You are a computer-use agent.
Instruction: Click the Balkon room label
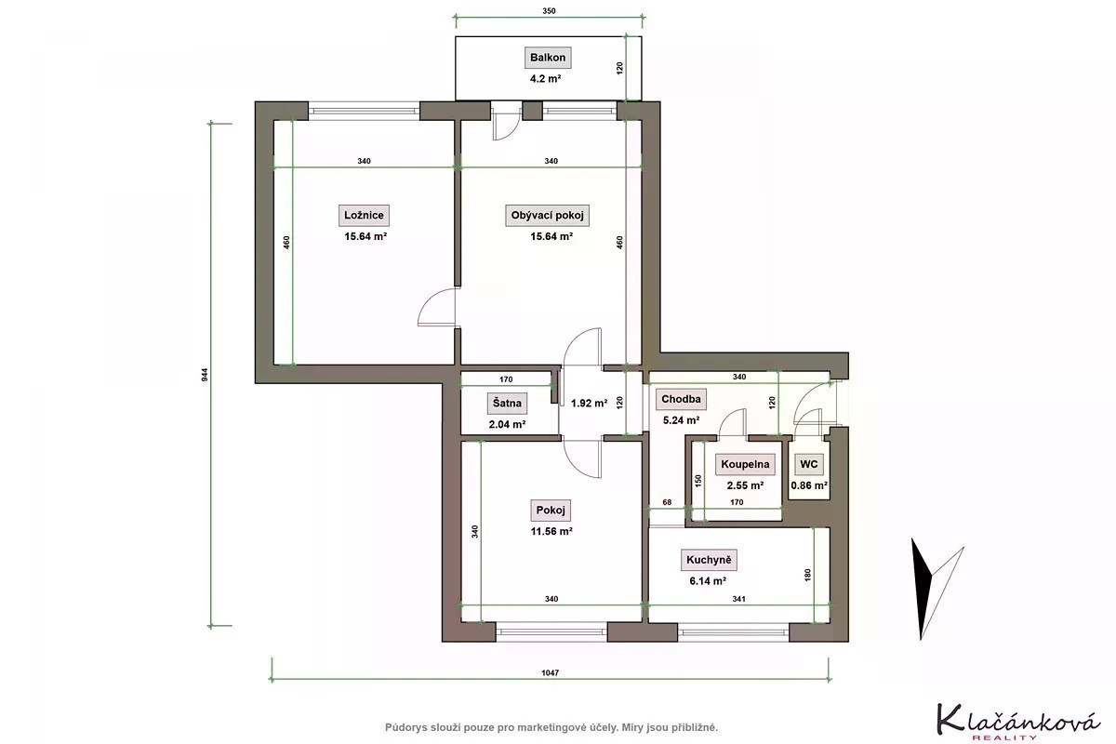tap(548, 58)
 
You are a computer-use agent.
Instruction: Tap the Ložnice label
tap(364, 215)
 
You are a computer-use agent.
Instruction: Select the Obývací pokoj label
tap(547, 215)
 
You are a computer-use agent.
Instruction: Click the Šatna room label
tap(507, 403)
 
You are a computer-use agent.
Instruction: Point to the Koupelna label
tap(745, 464)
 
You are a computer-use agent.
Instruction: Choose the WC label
tap(808, 464)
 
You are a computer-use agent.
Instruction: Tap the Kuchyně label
tap(709, 560)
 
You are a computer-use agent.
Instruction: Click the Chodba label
tap(681, 399)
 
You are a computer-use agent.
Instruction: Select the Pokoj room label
tap(550, 511)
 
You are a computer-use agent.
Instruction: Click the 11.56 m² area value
tap(551, 531)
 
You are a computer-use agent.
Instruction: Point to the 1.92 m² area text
tap(589, 403)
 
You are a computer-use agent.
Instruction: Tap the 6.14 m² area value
tap(708, 581)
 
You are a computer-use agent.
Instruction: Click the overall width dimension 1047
tap(550, 672)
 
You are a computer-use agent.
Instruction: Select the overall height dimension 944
tap(205, 375)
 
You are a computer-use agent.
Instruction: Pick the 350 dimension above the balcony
tap(549, 11)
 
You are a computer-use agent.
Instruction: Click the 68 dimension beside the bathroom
tap(667, 502)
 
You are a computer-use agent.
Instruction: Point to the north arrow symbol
tap(933, 588)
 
